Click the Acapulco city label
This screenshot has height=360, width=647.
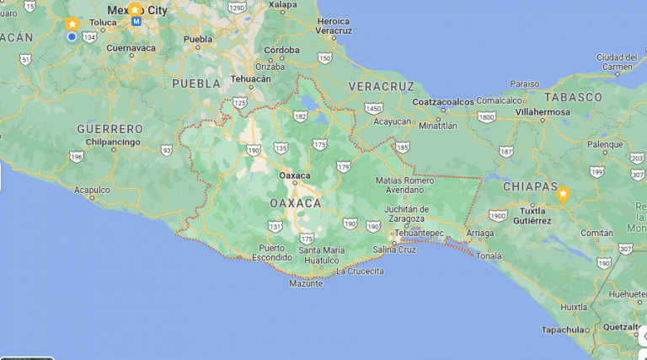pyautogui.click(x=92, y=190)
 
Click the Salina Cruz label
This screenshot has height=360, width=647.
pyautogui.click(x=394, y=250)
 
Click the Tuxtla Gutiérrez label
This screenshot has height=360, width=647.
pyautogui.click(x=526, y=215)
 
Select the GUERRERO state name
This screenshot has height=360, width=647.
pyautogui.click(x=110, y=128)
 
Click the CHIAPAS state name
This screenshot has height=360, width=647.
pyautogui.click(x=530, y=185)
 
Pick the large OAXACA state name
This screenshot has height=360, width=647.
pyautogui.click(x=295, y=203)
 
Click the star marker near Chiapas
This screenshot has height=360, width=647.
pyautogui.click(x=562, y=194)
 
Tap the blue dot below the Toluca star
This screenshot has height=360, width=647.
pyautogui.click(x=72, y=36)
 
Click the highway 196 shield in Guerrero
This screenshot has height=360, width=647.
pyautogui.click(x=77, y=157)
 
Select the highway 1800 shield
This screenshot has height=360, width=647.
pyautogui.click(x=485, y=116)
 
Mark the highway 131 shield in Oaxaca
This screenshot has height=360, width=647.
pyautogui.click(x=275, y=226)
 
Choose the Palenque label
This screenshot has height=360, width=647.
pyautogui.click(x=604, y=144)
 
